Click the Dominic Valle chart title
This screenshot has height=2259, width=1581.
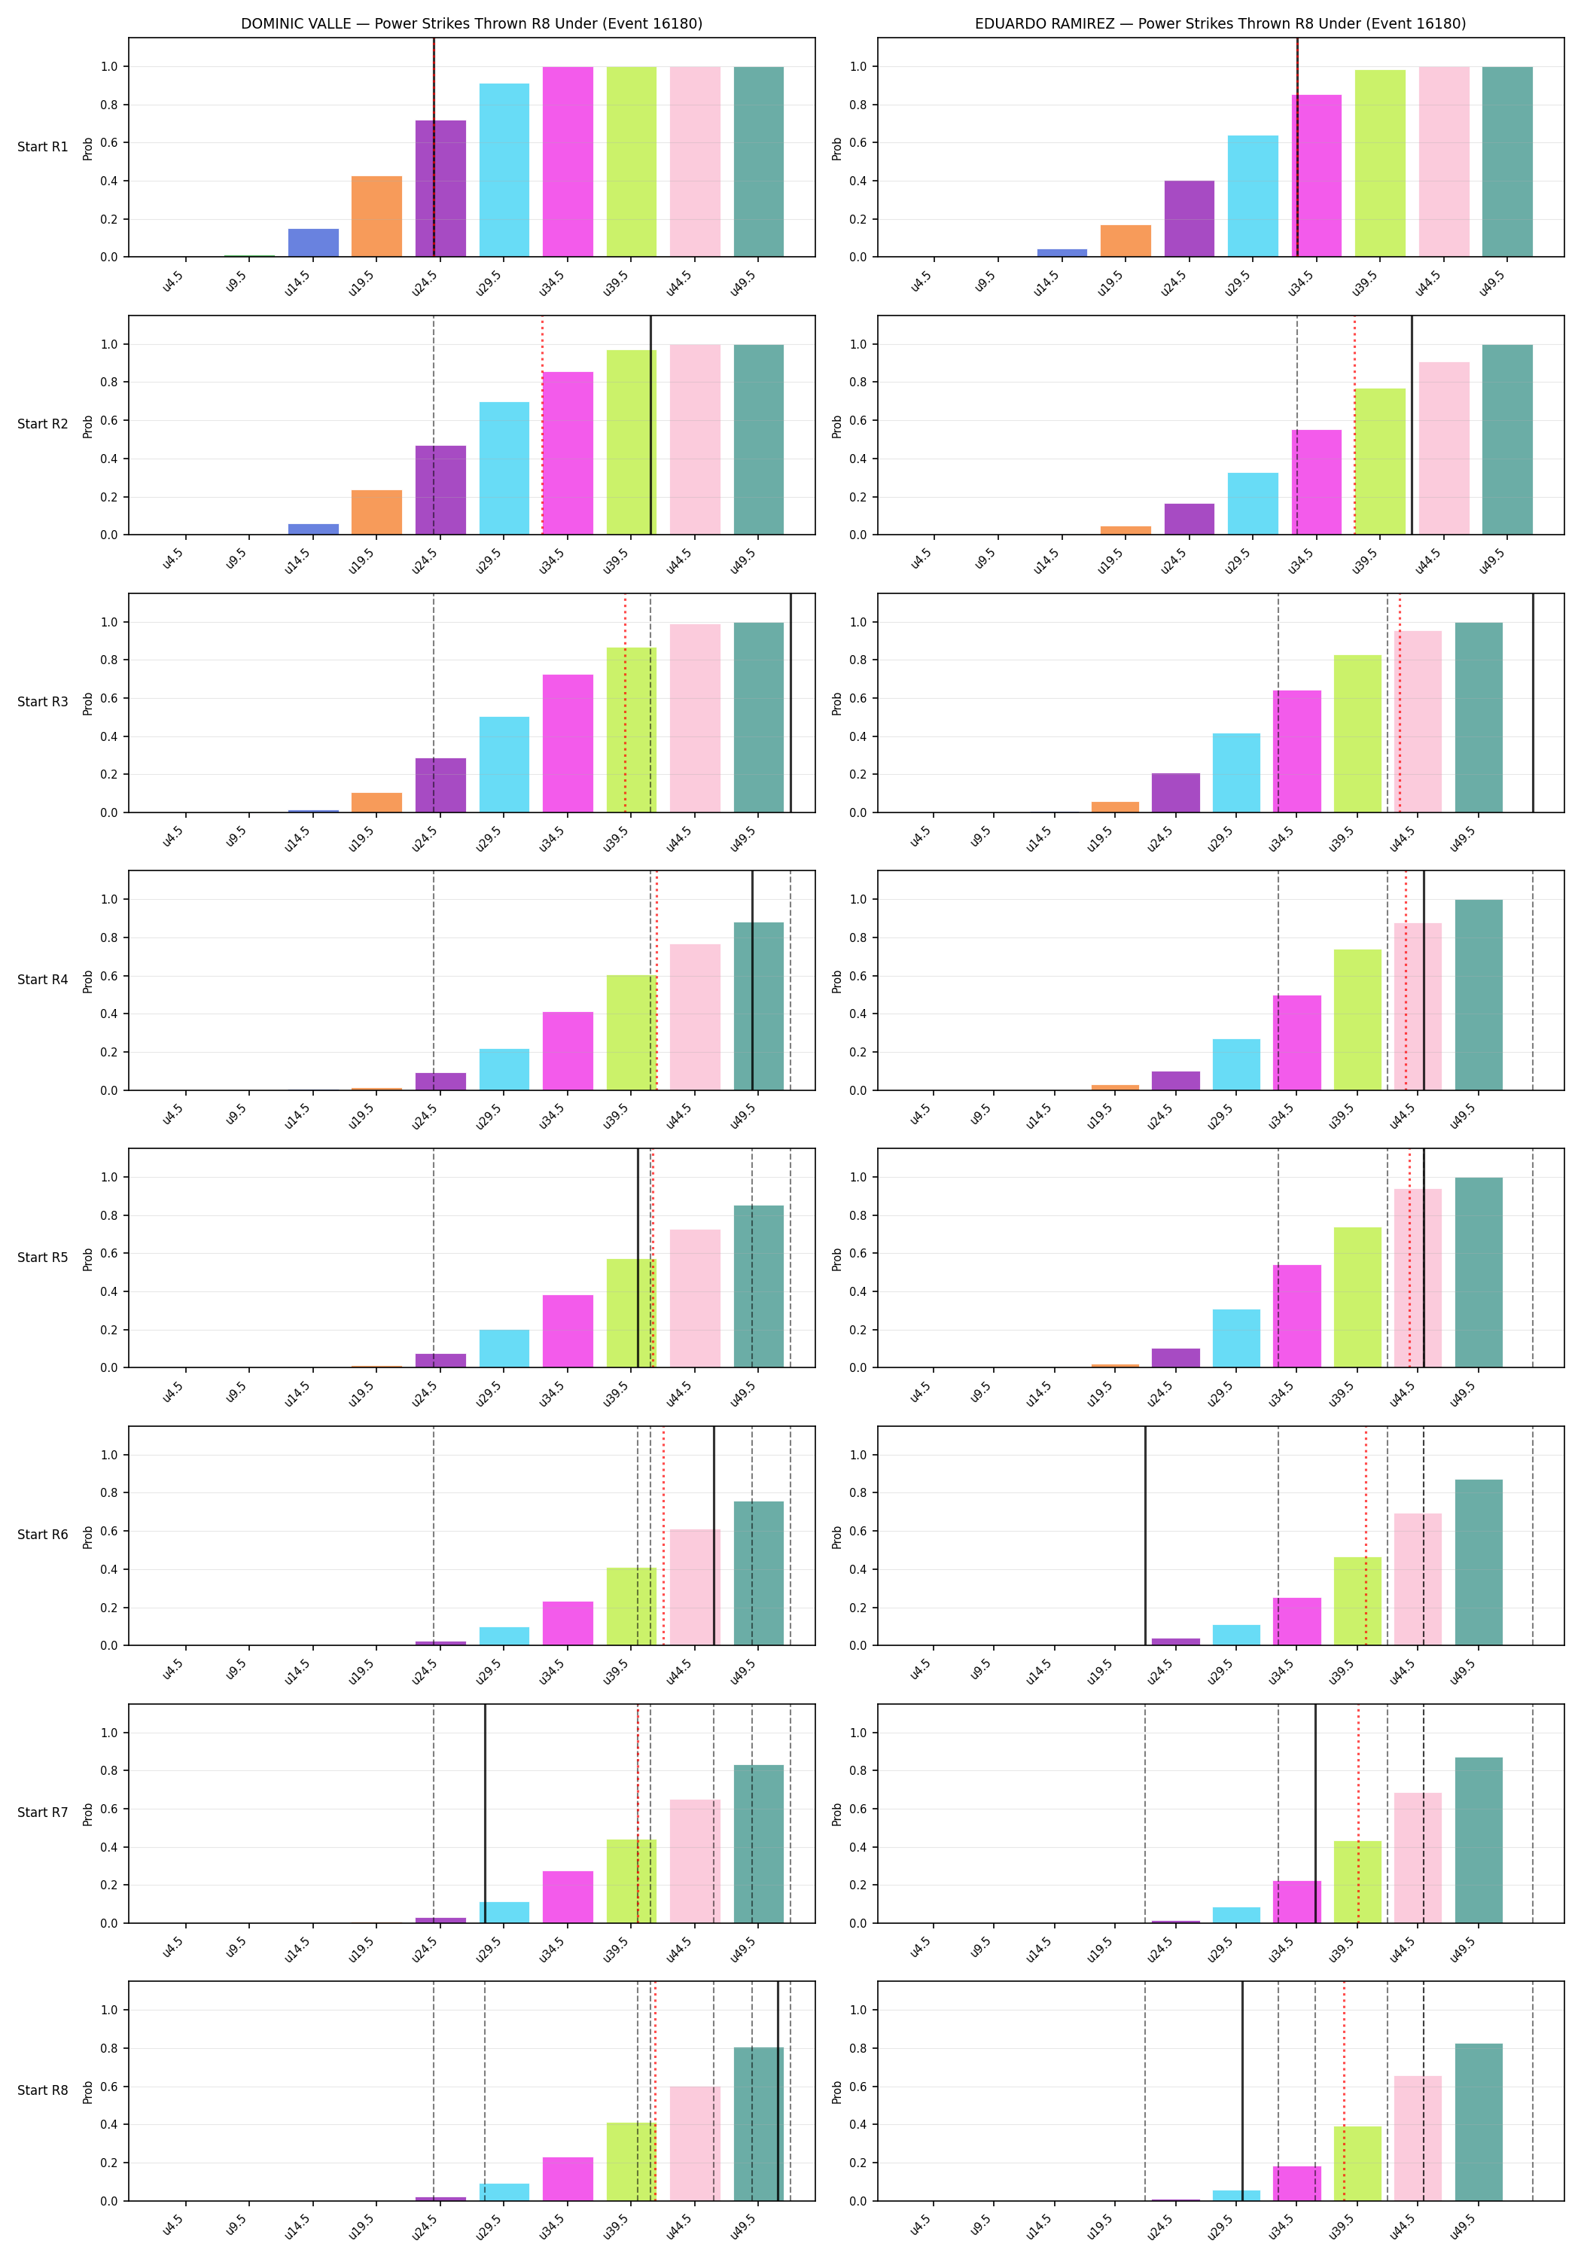[471, 23]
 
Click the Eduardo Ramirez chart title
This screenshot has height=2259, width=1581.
[1220, 23]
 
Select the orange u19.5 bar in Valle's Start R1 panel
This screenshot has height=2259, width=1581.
[376, 216]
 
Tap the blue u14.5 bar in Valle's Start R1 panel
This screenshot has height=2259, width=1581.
[313, 243]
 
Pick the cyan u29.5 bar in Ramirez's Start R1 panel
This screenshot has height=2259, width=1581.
[1253, 196]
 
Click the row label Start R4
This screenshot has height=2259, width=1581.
[42, 980]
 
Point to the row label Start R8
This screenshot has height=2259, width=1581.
[42, 2090]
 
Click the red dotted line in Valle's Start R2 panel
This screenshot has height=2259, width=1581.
[542, 425]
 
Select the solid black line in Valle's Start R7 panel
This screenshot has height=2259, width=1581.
[485, 1813]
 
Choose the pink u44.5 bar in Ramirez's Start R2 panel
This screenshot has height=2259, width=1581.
[1444, 449]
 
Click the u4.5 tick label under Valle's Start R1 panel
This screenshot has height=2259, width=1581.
[173, 282]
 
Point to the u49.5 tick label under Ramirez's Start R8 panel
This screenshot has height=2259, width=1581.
[1463, 2226]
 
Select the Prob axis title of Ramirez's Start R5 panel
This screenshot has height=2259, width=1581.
[837, 1258]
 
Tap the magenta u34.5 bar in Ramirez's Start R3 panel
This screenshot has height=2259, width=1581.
[1296, 751]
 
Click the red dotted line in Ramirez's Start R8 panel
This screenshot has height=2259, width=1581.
[1344, 2091]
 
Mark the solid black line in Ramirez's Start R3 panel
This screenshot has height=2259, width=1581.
[1533, 703]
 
